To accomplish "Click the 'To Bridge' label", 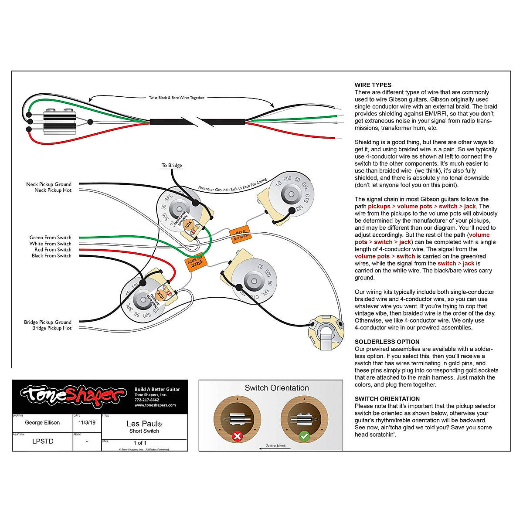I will click(x=172, y=165).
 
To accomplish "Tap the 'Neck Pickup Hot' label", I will click(x=53, y=190).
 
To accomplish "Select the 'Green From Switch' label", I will click(x=50, y=238).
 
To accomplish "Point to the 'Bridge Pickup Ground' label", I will click(x=48, y=322).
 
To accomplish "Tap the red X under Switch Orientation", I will click(x=237, y=436).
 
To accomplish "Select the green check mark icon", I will click(x=304, y=436).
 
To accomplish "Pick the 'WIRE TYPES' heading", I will click(x=373, y=85).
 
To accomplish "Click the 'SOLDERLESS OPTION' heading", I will click(x=387, y=342).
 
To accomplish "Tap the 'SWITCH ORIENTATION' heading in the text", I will click(x=387, y=399).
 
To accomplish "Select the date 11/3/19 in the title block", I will click(x=87, y=423).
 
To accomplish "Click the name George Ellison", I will click(x=42, y=423).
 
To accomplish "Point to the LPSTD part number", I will click(x=43, y=441).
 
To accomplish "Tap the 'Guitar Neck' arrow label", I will click(x=275, y=446).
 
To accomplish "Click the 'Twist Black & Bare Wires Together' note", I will click(x=177, y=98).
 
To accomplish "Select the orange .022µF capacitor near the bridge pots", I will click(x=194, y=261).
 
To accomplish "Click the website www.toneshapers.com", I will click(x=155, y=405).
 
